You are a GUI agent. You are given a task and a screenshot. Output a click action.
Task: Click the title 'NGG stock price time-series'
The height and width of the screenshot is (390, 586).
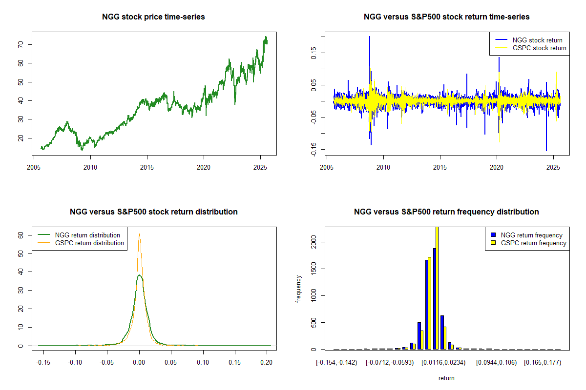[x=153, y=17]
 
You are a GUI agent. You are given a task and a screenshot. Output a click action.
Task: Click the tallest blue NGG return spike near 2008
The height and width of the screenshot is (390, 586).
[x=370, y=37]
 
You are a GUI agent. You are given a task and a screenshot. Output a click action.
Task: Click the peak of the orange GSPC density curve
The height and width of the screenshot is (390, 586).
[x=140, y=234]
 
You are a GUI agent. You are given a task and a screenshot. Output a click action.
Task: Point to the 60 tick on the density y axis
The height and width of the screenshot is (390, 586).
[x=21, y=235]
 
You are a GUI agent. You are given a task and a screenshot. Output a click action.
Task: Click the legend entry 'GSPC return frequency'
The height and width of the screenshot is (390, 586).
[x=534, y=243]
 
